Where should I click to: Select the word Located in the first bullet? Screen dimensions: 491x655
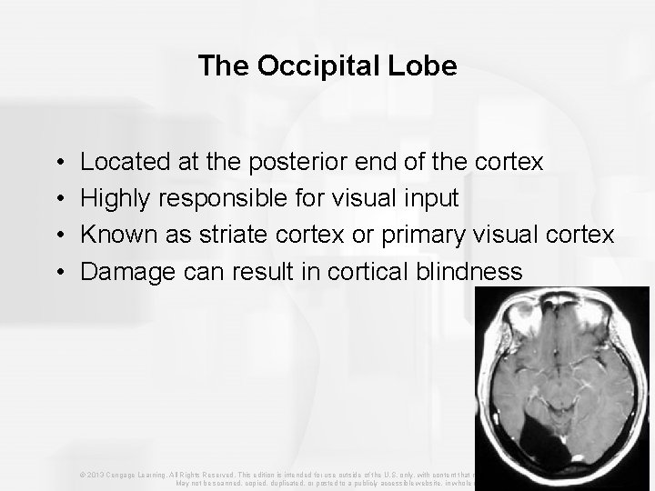117,163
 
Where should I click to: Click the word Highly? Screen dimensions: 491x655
113,199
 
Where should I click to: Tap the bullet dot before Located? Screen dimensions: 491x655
58,164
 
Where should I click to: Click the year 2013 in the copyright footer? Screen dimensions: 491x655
96,475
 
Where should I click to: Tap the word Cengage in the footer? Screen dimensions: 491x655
123,475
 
